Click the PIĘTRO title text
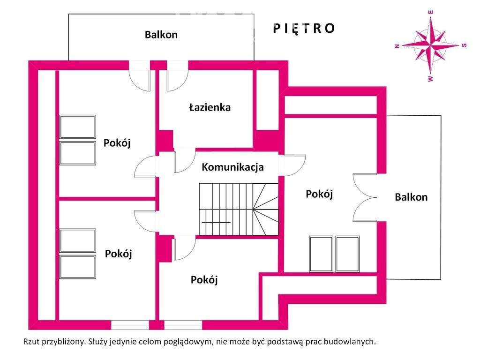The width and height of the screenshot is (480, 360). [x=304, y=29]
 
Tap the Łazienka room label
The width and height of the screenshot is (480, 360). [x=210, y=107]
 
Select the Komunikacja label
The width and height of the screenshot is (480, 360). [x=232, y=167]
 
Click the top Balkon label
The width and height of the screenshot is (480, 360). [x=161, y=34]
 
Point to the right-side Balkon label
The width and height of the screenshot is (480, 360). [x=411, y=197]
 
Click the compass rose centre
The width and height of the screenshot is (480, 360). [x=430, y=45]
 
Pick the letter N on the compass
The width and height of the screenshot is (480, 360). [x=397, y=46]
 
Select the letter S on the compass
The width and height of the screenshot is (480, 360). [x=464, y=45]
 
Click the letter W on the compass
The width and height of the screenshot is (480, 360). [x=430, y=79]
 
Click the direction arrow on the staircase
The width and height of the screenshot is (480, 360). [x=215, y=222]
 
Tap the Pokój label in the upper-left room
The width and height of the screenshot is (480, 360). [x=117, y=143]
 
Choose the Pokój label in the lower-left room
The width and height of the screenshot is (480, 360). [x=118, y=254]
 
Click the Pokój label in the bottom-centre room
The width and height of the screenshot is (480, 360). [x=204, y=280]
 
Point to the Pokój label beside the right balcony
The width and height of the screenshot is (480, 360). [x=319, y=194]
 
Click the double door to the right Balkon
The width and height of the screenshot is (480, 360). [x=365, y=197]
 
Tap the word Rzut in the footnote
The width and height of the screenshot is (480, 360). [x=31, y=342]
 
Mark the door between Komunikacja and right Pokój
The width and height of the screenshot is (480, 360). [x=293, y=165]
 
